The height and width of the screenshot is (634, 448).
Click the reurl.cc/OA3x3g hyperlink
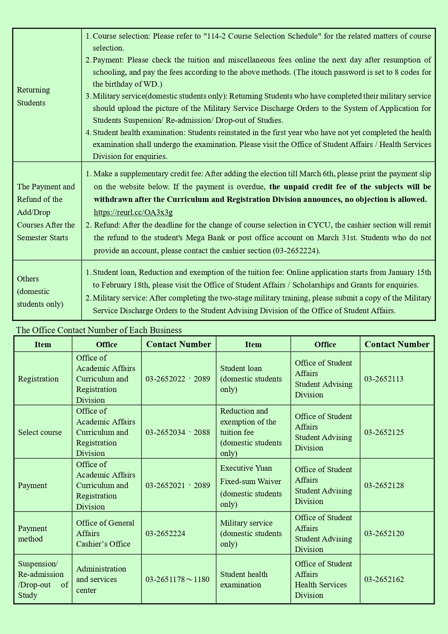click(x=133, y=212)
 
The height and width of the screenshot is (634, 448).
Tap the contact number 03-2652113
click(x=384, y=379)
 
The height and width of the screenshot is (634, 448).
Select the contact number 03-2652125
click(x=384, y=432)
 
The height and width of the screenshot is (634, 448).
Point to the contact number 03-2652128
click(x=384, y=486)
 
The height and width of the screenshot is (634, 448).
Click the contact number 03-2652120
click(x=384, y=534)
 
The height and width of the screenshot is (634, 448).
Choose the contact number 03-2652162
click(x=384, y=579)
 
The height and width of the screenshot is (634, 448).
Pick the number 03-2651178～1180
click(x=177, y=579)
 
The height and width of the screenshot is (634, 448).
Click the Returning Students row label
click(x=34, y=96)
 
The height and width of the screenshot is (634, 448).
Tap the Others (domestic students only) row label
click(x=40, y=292)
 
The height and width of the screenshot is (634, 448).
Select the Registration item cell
click(x=38, y=379)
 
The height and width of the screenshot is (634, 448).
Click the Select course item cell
click(x=40, y=432)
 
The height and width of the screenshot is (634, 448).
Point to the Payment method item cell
click(x=32, y=534)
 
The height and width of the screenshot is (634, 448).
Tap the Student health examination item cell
click(x=244, y=579)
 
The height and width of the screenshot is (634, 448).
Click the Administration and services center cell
click(x=101, y=579)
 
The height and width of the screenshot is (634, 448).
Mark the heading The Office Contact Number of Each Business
click(x=99, y=330)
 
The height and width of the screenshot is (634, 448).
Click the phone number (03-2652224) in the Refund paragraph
click(x=296, y=251)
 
